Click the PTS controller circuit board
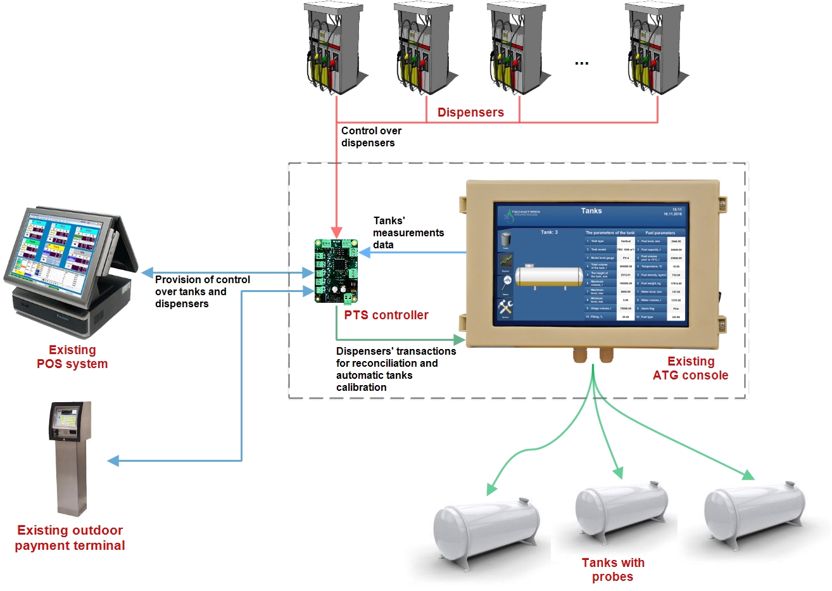pyautogui.click(x=336, y=271)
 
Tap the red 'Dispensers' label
pyautogui.click(x=470, y=112)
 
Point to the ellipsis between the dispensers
pyautogui.click(x=581, y=63)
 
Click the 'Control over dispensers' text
pyautogui.click(x=371, y=137)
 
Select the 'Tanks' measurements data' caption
pyautogui.click(x=408, y=232)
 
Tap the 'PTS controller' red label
pyautogui.click(x=386, y=315)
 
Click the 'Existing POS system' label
pyautogui.click(x=72, y=357)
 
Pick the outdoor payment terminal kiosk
pyautogui.click(x=69, y=456)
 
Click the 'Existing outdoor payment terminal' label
pyautogui.click(x=70, y=538)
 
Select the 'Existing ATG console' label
pyautogui.click(x=690, y=368)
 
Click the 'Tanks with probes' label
pyautogui.click(x=612, y=569)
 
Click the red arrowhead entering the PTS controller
pyautogui.click(x=336, y=232)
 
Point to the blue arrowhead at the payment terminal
pyautogui.click(x=113, y=461)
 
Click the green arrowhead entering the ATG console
pyautogui.click(x=460, y=340)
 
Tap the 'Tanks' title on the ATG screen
pyautogui.click(x=591, y=211)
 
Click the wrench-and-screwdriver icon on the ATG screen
pyautogui.click(x=505, y=308)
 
